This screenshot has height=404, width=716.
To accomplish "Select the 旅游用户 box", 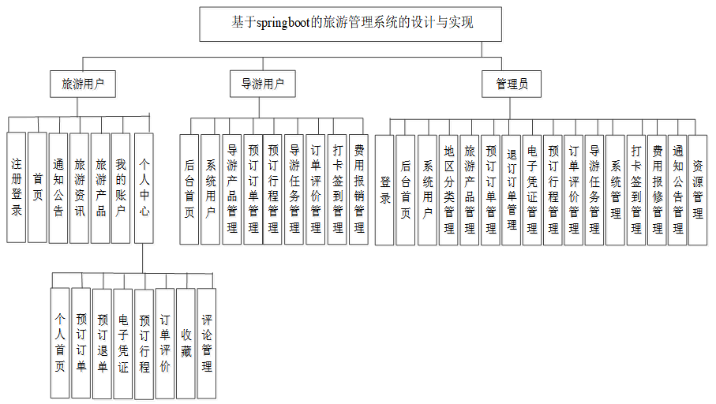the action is [x=83, y=84].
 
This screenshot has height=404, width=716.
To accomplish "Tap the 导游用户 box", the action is [x=263, y=84].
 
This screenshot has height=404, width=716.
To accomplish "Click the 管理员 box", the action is [x=512, y=84].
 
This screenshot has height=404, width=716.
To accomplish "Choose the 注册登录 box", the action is [x=17, y=187].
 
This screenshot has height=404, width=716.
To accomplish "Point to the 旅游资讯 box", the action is [x=80, y=187].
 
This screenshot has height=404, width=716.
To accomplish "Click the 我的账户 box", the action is [x=121, y=187].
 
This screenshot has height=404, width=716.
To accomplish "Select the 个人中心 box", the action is [x=144, y=187].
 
